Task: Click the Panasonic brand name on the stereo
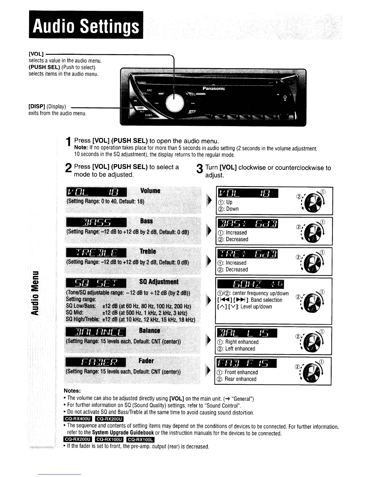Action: click(214, 89)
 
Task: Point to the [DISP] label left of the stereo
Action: click(36, 107)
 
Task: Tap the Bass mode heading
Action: click(146, 221)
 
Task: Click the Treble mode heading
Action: click(148, 251)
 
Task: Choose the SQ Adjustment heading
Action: click(159, 282)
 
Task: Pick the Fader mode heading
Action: click(146, 361)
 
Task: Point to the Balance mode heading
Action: click(149, 330)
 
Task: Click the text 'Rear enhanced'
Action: click(240, 379)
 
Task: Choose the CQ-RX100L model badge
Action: click(141, 440)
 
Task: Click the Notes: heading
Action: click(72, 391)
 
